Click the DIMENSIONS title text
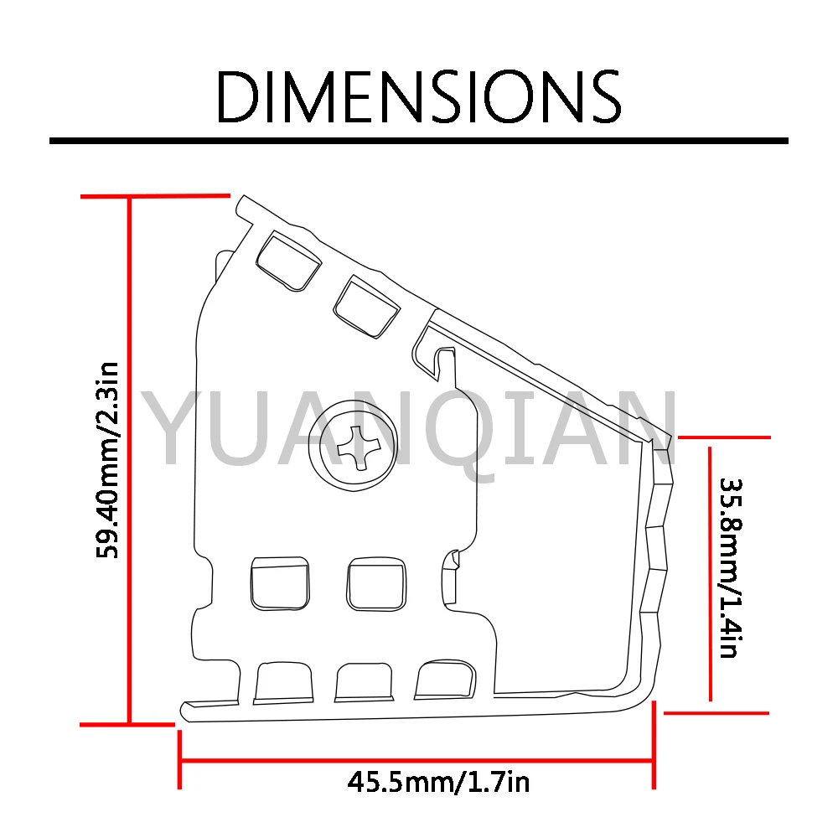point(418,96)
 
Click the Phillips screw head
point(354,446)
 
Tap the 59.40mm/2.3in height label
point(107,460)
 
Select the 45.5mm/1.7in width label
point(438,783)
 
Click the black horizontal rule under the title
point(418,141)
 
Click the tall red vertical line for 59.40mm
point(129,460)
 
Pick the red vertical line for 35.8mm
point(710,573)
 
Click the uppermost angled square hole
point(288,261)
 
